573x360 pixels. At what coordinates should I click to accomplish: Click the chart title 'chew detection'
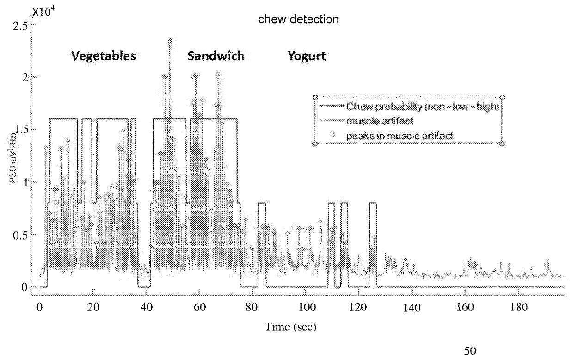[x=298, y=19]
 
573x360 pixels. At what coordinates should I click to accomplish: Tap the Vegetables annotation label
[x=104, y=56]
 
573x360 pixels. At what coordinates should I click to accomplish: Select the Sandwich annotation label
[x=216, y=56]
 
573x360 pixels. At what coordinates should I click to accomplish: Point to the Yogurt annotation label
[x=307, y=56]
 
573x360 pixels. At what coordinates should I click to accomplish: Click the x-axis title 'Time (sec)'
[x=290, y=327]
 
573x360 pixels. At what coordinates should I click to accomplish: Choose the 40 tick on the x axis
[x=146, y=307]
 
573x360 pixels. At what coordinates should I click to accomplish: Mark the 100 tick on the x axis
[x=305, y=307]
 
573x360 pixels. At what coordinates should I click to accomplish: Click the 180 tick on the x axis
[x=518, y=307]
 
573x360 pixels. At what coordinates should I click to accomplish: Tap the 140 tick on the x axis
[x=412, y=307]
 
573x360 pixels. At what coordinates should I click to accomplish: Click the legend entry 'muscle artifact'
[x=376, y=121]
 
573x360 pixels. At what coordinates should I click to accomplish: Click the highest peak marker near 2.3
[x=170, y=42]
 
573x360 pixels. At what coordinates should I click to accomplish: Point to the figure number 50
[x=470, y=351]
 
